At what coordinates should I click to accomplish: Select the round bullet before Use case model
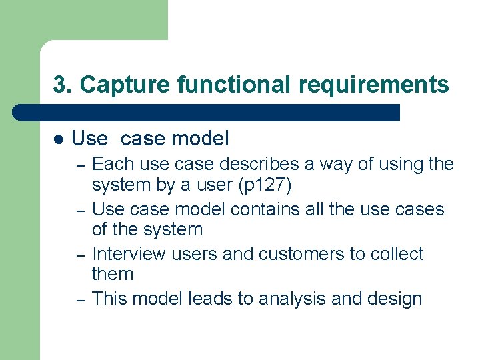point(59,139)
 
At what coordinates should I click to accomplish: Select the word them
point(113,274)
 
